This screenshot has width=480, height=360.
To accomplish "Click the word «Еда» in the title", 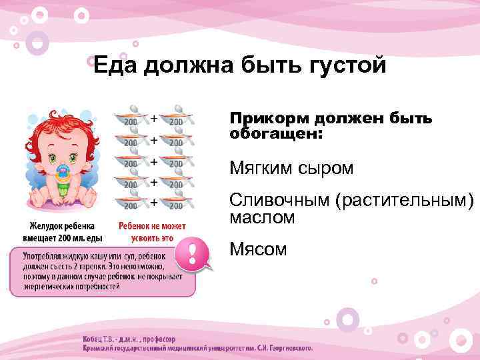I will (114, 65).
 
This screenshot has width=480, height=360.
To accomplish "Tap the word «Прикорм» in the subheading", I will (263, 119).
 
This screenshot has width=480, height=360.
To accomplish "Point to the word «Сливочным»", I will (279, 200).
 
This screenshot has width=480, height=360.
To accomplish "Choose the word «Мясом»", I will (258, 249).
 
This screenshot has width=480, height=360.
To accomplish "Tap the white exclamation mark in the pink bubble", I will (193, 254).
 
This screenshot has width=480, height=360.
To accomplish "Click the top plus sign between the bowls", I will (154, 119).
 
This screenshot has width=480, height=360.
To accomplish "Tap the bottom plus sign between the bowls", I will (154, 201).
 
